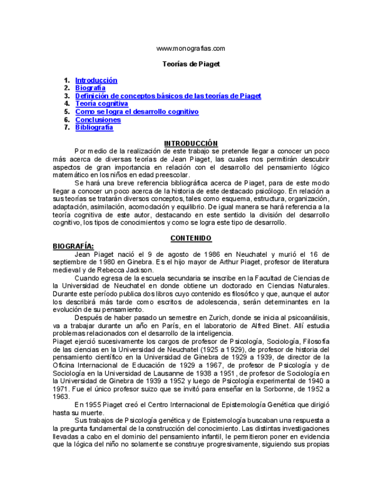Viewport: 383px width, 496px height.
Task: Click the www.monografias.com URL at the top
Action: [191, 49]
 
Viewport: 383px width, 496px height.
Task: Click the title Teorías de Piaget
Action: [191, 64]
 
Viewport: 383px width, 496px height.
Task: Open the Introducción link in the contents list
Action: [96, 80]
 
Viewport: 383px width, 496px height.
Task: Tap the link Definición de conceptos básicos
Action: [168, 96]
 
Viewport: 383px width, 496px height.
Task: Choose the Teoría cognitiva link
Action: [101, 104]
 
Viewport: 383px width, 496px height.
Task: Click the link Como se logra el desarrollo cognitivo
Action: [137, 112]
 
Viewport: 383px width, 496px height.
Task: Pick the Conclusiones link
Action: [98, 120]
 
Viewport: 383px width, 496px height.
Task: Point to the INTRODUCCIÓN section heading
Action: [191, 143]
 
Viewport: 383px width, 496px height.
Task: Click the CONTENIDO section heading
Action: [191, 238]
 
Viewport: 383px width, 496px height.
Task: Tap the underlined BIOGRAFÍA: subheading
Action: [73, 246]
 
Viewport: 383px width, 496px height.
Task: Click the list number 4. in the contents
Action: [67, 104]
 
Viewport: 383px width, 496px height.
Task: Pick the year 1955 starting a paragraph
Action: [92, 405]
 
